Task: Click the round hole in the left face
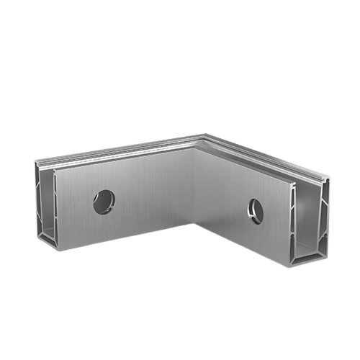pyautogui.click(x=104, y=201)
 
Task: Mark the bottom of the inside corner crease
pyautogui.click(x=194, y=224)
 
